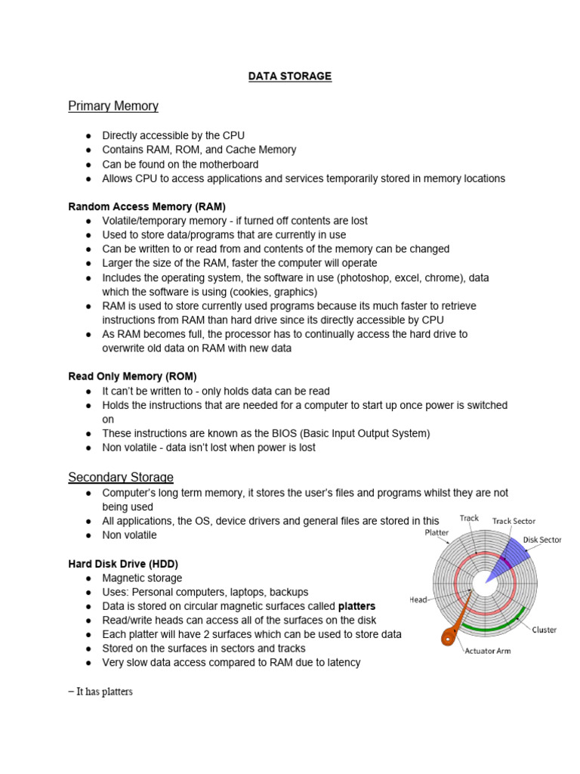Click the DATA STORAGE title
click(290, 76)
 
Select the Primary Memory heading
click(113, 106)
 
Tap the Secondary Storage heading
click(121, 477)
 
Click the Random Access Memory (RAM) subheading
click(147, 206)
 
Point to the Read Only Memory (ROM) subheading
click(132, 376)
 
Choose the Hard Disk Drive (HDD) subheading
click(123, 564)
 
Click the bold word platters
click(356, 606)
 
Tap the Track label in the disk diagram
click(469, 519)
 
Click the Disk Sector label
click(542, 540)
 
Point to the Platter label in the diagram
click(436, 532)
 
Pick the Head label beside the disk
click(418, 599)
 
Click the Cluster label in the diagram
click(545, 629)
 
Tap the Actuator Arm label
click(489, 650)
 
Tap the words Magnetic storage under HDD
click(142, 578)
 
